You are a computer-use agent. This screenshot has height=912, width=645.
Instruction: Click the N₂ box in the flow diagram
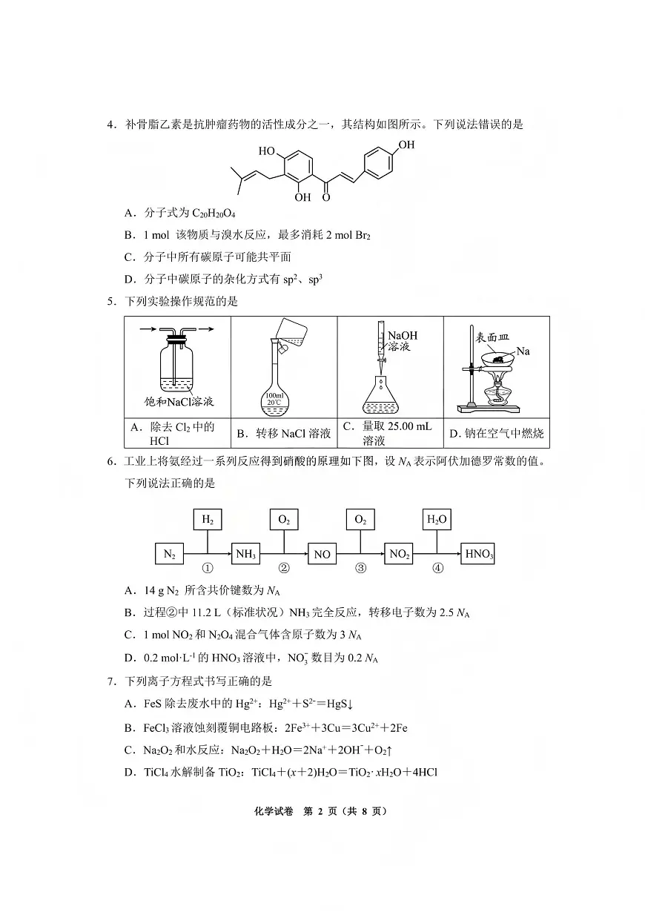[170, 554]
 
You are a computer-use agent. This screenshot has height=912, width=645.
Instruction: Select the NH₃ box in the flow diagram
[246, 554]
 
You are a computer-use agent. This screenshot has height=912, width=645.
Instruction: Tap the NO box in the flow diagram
[322, 554]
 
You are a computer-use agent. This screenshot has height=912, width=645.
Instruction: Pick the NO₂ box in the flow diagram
[399, 554]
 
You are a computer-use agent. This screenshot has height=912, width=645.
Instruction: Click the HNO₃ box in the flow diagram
[478, 554]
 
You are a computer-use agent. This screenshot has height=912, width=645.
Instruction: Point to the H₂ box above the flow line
[208, 520]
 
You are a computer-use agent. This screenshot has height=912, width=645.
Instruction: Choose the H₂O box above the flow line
[437, 520]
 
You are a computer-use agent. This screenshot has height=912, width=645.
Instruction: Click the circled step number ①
[208, 569]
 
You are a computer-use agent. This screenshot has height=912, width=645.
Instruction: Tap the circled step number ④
[437, 569]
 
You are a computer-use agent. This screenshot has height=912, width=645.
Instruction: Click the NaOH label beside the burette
[402, 336]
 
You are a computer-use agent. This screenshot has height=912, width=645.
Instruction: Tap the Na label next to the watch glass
[523, 351]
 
